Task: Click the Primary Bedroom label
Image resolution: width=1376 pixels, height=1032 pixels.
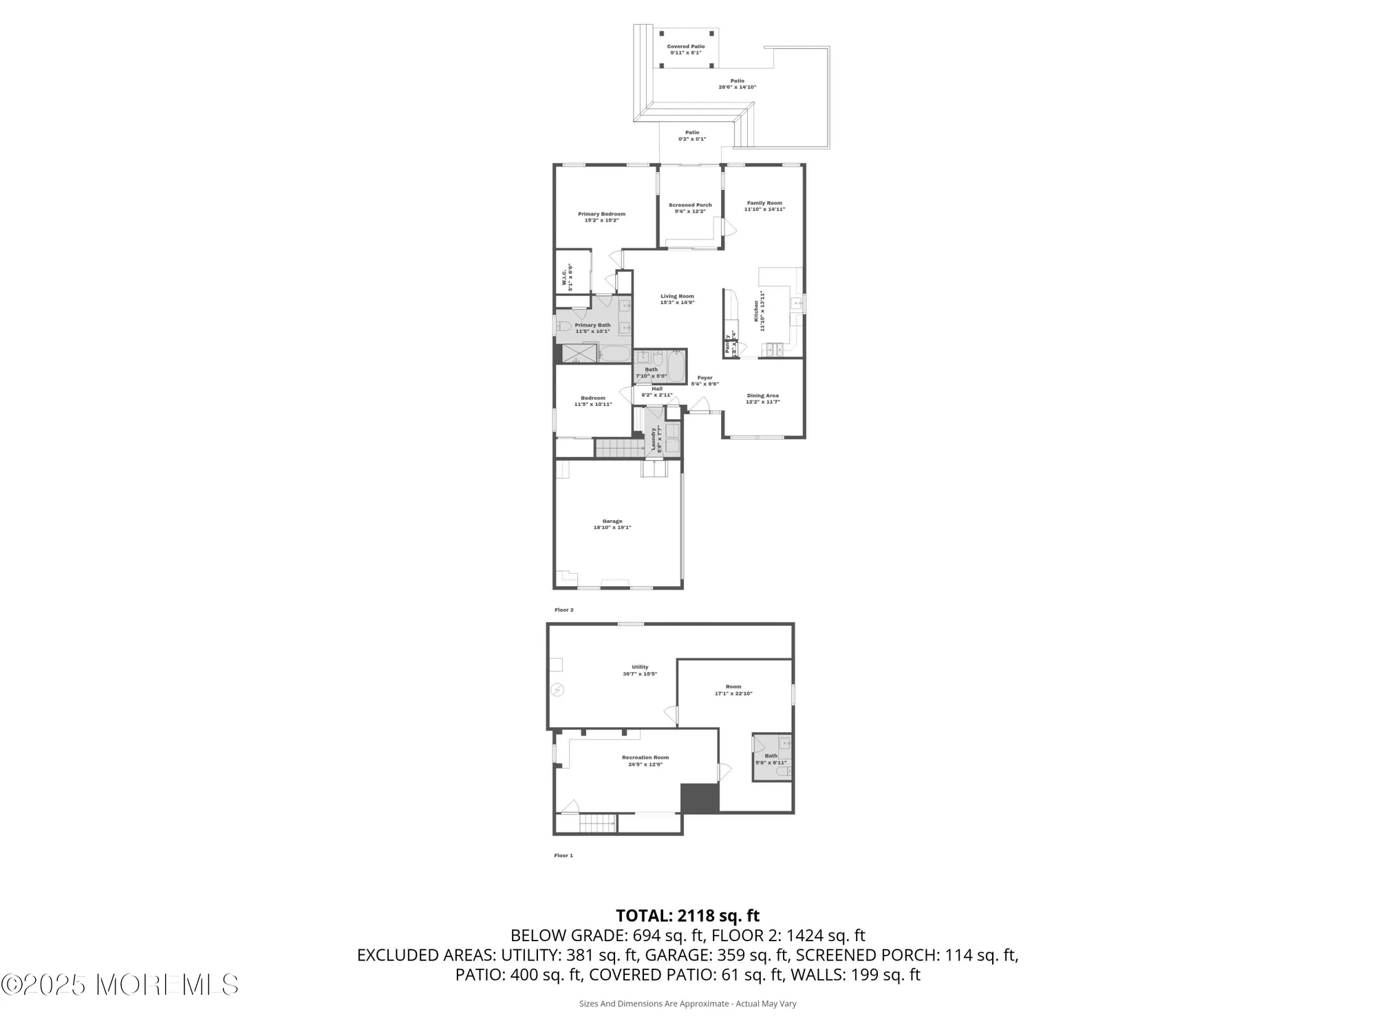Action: point(601,217)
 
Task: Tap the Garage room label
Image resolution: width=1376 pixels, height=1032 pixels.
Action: point(612,524)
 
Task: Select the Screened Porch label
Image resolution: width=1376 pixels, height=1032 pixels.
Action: point(690,208)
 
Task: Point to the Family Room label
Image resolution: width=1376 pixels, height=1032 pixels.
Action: point(764,206)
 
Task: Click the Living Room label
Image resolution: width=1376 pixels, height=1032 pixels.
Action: point(677,299)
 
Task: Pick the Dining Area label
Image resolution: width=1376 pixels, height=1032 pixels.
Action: point(762,398)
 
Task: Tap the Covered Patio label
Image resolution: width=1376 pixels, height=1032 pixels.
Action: point(685,50)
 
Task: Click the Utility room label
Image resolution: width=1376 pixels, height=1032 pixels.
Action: point(640,670)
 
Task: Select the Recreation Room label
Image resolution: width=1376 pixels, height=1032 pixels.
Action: point(645,760)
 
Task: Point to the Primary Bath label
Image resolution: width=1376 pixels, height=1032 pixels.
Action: point(592,328)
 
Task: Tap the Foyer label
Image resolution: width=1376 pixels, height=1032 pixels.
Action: point(705,380)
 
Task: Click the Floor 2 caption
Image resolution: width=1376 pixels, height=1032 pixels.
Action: point(563,610)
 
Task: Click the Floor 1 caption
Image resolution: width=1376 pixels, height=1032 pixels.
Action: point(563,855)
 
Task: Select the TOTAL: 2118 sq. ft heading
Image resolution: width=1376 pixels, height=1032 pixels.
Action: point(687,916)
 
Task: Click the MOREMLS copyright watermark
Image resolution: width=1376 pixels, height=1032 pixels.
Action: point(120,985)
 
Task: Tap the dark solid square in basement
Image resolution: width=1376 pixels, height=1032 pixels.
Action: point(700,798)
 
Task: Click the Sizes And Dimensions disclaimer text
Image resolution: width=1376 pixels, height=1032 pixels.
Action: point(687,1004)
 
